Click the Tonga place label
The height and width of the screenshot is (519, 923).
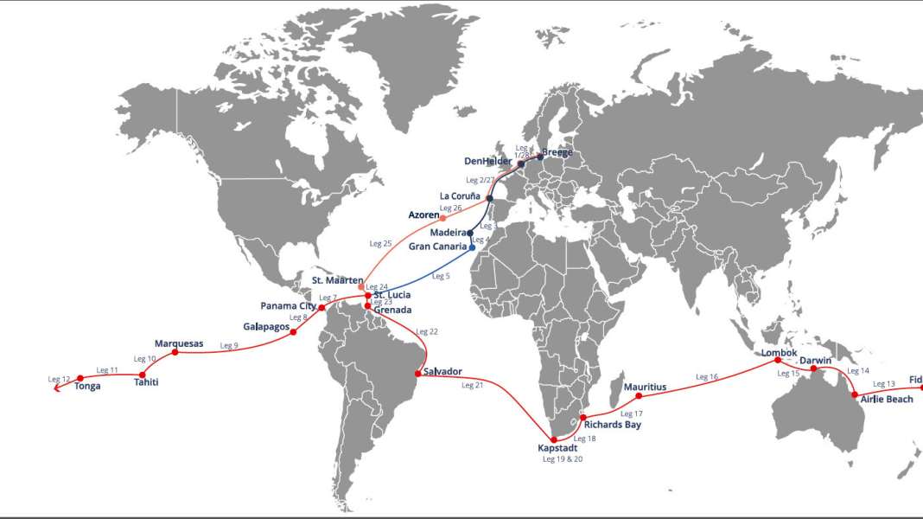click(x=87, y=387)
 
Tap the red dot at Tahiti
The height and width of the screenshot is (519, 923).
click(x=142, y=375)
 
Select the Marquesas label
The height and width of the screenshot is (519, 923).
click(x=179, y=343)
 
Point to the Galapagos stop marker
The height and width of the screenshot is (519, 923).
click(x=294, y=332)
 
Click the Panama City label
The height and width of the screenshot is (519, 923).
click(x=288, y=306)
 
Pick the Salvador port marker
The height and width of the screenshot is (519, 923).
click(x=418, y=373)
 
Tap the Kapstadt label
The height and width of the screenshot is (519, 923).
click(x=557, y=448)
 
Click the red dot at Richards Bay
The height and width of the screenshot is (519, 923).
click(x=582, y=418)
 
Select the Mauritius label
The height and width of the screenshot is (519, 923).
click(x=645, y=387)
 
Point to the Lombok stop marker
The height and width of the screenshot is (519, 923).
click(x=777, y=360)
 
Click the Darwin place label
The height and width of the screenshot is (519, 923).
click(x=815, y=360)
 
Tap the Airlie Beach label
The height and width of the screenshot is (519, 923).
click(x=887, y=400)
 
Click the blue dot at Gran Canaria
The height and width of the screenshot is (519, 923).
click(x=472, y=247)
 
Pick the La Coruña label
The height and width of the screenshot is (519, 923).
click(x=460, y=196)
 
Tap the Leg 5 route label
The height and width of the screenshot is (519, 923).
click(x=441, y=276)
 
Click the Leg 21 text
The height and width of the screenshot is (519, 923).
click(x=473, y=385)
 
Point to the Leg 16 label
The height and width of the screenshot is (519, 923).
click(x=707, y=377)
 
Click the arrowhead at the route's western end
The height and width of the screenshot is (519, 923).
click(x=57, y=388)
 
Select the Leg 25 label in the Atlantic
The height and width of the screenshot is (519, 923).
click(x=380, y=244)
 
